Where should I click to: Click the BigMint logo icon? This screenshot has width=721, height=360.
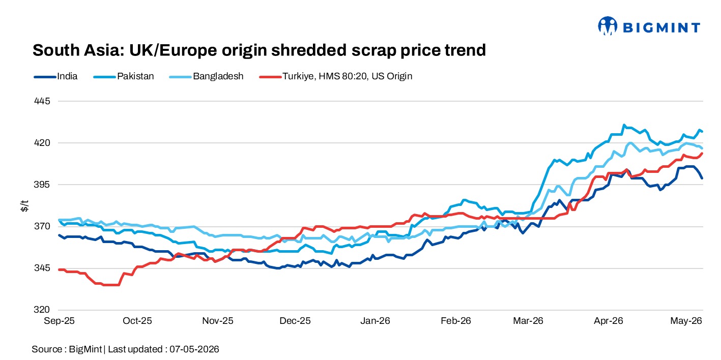click(x=608, y=26)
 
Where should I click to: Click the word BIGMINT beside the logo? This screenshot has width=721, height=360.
click(x=661, y=27)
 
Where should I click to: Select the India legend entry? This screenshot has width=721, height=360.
click(x=55, y=76)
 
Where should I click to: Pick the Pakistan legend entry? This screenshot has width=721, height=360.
click(x=124, y=76)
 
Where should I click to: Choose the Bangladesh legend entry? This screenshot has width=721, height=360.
click(x=206, y=76)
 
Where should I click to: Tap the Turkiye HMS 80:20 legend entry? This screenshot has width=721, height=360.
click(x=336, y=76)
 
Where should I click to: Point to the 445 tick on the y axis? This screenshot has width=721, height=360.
click(x=42, y=101)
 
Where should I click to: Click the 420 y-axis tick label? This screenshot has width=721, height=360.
click(x=42, y=142)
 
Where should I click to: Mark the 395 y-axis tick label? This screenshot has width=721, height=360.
click(x=42, y=185)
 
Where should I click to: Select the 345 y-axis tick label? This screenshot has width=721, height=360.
click(x=42, y=267)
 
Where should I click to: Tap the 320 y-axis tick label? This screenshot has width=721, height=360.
click(x=42, y=310)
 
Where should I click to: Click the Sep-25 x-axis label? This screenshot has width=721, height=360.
click(x=59, y=321)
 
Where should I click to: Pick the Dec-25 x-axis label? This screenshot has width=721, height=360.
click(x=295, y=321)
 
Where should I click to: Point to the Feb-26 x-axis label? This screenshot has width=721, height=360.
click(x=456, y=321)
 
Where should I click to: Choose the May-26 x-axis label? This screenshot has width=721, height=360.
click(x=686, y=321)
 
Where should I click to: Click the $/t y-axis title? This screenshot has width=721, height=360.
click(x=24, y=205)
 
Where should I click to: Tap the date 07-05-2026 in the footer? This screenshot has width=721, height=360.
click(x=194, y=349)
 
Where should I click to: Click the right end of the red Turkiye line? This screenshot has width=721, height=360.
click(x=702, y=154)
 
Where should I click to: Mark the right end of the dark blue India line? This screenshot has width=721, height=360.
click(x=702, y=178)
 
